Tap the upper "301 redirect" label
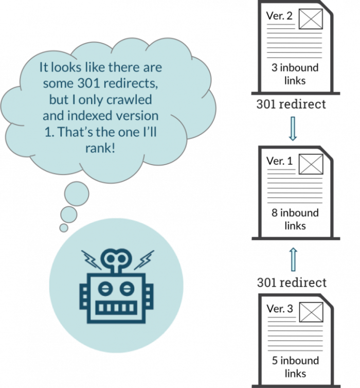coord(291,104)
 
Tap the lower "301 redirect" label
coord(292,283)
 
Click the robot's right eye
coord(122,286)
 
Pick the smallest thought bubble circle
coord(63,227)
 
